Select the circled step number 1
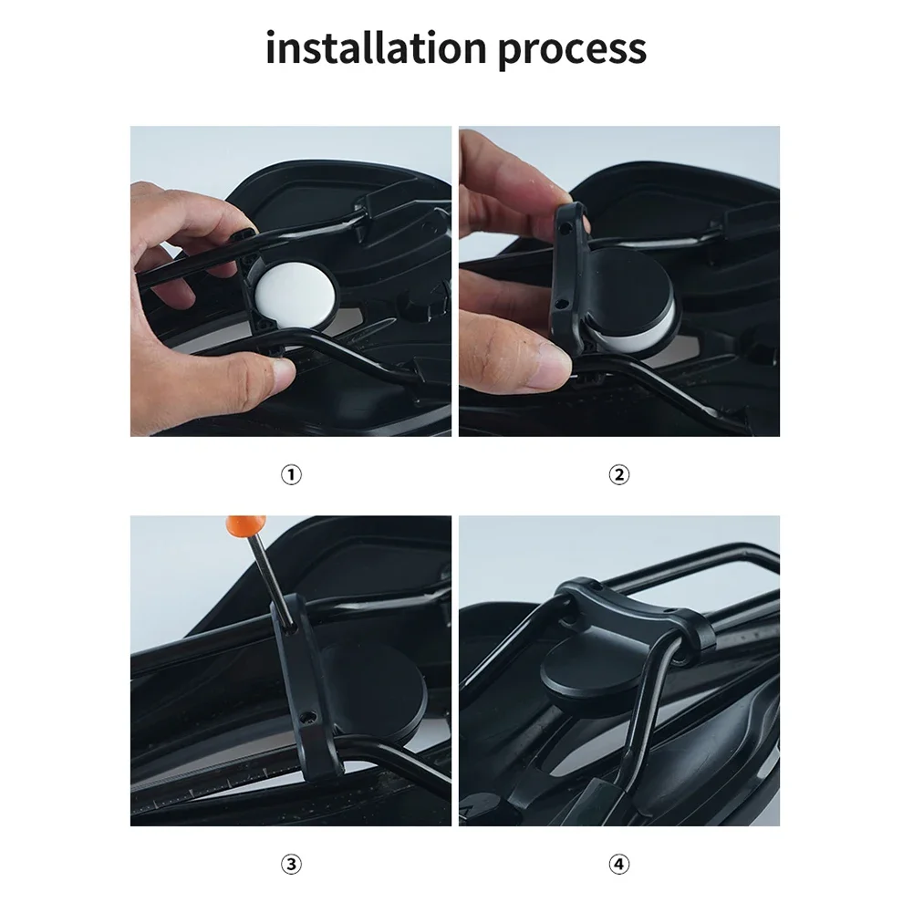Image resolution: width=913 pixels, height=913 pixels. click(x=291, y=474)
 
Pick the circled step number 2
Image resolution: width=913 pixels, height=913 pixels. click(x=619, y=474)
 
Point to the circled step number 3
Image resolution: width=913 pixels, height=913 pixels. click(x=291, y=864)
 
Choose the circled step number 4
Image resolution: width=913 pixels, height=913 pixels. click(x=619, y=864)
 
